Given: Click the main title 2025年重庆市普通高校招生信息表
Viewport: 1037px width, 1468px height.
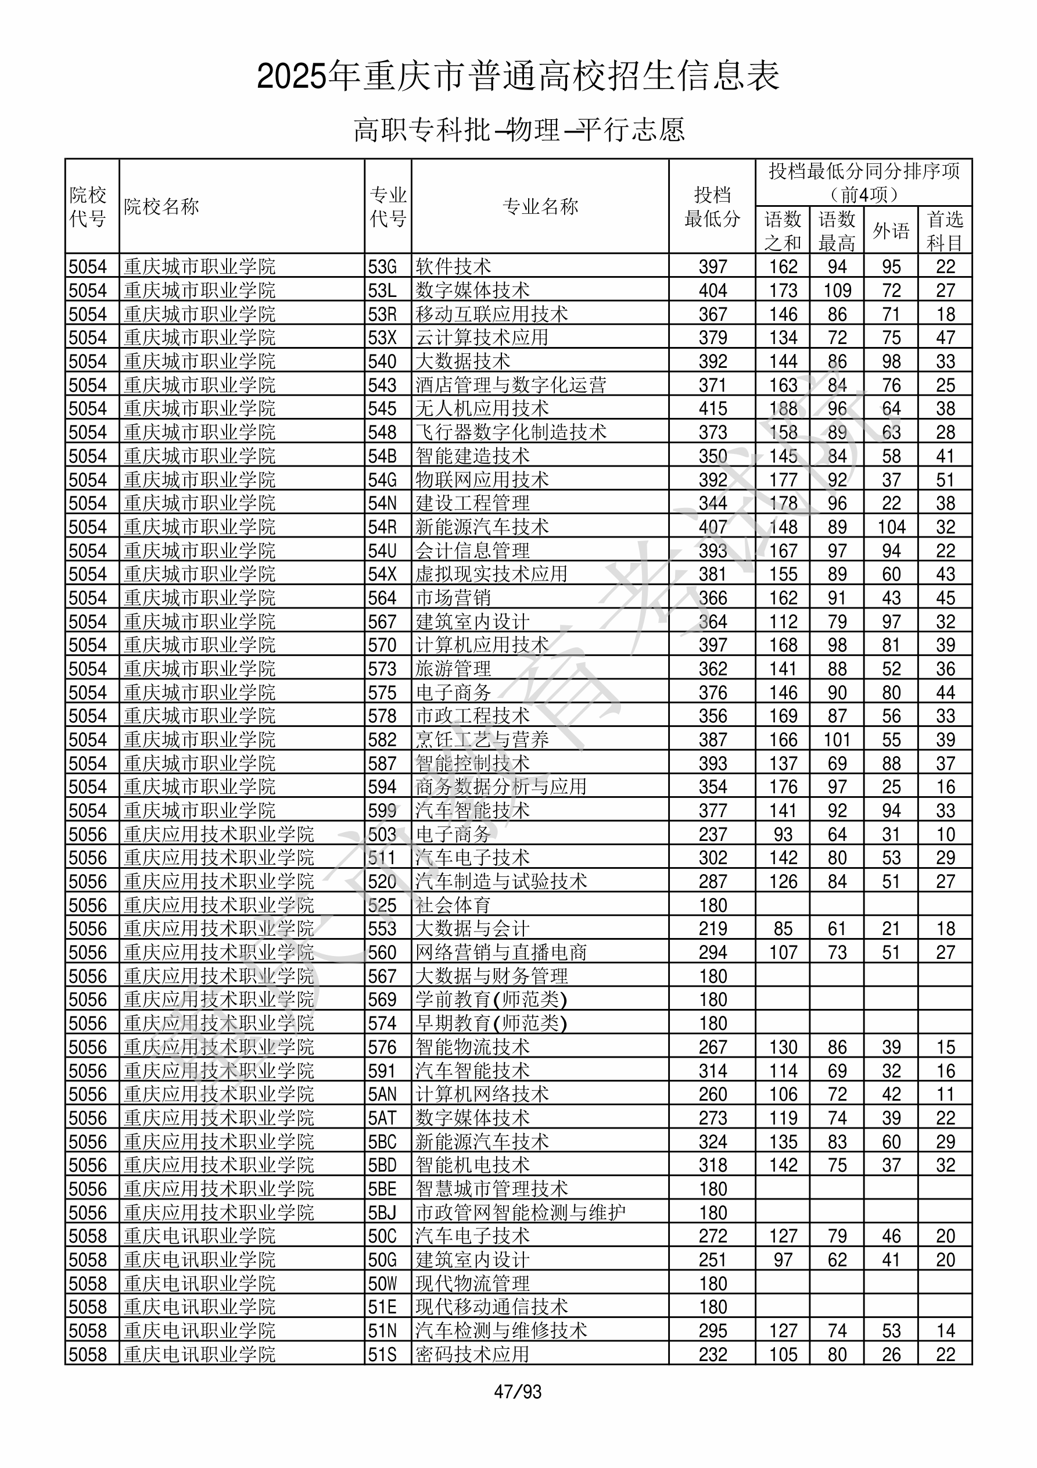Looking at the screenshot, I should pyautogui.click(x=518, y=77).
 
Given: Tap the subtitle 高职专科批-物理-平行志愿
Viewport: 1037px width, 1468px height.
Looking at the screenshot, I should pyautogui.click(x=518, y=130).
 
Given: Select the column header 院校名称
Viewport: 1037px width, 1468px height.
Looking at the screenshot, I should pyautogui.click(x=161, y=206).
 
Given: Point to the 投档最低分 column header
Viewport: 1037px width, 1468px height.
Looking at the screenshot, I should pyautogui.click(x=712, y=206).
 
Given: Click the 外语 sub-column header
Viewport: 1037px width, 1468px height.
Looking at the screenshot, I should pyautogui.click(x=891, y=231).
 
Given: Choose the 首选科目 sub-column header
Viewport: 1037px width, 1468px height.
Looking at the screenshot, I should pyautogui.click(x=945, y=231).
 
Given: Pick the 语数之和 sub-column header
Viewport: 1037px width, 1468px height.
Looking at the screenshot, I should pyautogui.click(x=783, y=231).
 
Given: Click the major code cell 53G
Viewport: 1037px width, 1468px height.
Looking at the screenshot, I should pyautogui.click(x=382, y=267).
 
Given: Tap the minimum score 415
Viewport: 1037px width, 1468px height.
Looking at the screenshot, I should pyautogui.click(x=713, y=409).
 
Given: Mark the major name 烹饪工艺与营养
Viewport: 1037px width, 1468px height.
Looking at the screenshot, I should pyautogui.click(x=482, y=740).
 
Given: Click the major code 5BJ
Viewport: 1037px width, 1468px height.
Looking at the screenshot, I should pyautogui.click(x=382, y=1213).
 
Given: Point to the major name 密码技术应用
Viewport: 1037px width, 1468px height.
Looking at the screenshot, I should pyautogui.click(x=472, y=1355).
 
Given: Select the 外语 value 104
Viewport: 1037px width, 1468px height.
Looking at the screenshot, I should pyautogui.click(x=891, y=527).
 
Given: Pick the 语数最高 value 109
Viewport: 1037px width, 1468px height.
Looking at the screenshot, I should pyautogui.click(x=837, y=290).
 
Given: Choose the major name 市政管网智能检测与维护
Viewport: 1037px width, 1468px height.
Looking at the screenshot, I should pyautogui.click(x=521, y=1213).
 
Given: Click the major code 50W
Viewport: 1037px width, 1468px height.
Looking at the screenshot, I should pyautogui.click(x=382, y=1284).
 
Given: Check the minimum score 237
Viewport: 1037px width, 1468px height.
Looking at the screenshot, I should pyautogui.click(x=713, y=835).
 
